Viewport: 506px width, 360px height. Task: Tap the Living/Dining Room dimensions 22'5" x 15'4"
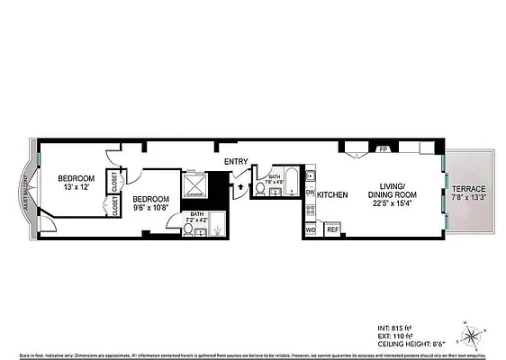(391, 202)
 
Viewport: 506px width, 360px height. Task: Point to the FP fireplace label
(357, 149)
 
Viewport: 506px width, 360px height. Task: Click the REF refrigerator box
(332, 230)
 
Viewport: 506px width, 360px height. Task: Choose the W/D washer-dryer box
(311, 230)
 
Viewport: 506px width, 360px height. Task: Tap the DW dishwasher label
(310, 192)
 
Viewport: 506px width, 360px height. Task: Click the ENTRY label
(237, 162)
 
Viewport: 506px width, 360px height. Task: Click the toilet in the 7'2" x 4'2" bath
(188, 230)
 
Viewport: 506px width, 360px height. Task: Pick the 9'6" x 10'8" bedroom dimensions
(150, 208)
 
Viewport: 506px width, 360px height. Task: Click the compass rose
(471, 337)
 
